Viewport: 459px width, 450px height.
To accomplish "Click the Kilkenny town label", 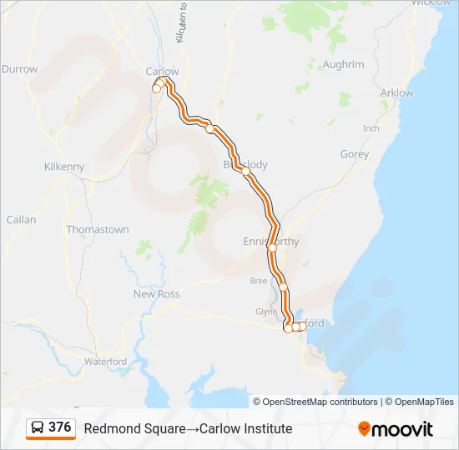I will tap(64, 167).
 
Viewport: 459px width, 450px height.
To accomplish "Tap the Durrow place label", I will tap(20, 69).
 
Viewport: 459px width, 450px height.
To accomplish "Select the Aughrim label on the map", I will tap(343, 64).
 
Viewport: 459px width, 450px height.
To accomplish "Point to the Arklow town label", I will tap(396, 92).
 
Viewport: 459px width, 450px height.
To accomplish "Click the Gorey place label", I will tap(355, 154).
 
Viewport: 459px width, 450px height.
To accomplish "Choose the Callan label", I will tap(22, 220).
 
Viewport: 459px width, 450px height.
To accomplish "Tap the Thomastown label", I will tap(98, 229).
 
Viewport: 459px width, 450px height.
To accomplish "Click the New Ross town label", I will tap(157, 294).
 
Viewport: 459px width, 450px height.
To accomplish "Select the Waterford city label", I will tap(105, 362).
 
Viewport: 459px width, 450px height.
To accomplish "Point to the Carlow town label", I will tap(162, 72).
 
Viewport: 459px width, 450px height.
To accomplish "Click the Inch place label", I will tap(371, 128).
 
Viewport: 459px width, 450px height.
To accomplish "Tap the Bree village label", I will tap(259, 281).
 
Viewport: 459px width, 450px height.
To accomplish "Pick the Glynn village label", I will tap(265, 312).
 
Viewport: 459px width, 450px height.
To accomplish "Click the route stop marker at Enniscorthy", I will tap(271, 247).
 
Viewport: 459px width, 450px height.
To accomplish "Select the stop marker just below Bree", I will tap(283, 287).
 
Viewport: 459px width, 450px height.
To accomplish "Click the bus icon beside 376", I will tap(38, 427).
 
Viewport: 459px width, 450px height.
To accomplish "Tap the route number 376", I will tap(60, 427).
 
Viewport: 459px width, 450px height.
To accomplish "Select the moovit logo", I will tap(396, 429).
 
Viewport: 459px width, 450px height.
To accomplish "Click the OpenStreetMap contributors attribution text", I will tap(320, 402).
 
